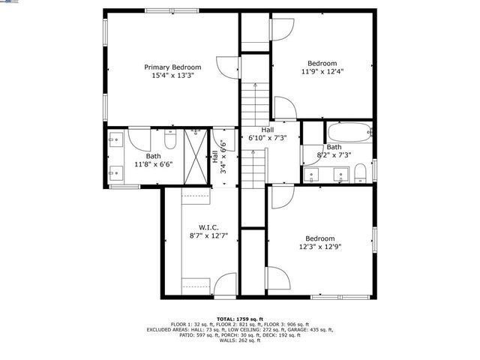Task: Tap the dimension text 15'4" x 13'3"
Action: tap(172, 76)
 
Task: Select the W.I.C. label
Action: tap(208, 226)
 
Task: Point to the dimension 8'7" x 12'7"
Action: tap(208, 235)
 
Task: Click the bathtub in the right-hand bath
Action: tap(349, 133)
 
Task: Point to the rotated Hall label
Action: tap(215, 157)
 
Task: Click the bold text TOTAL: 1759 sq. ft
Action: tap(240, 318)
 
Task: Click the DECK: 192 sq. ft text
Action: tap(283, 335)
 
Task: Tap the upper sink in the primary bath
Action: tap(115, 139)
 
